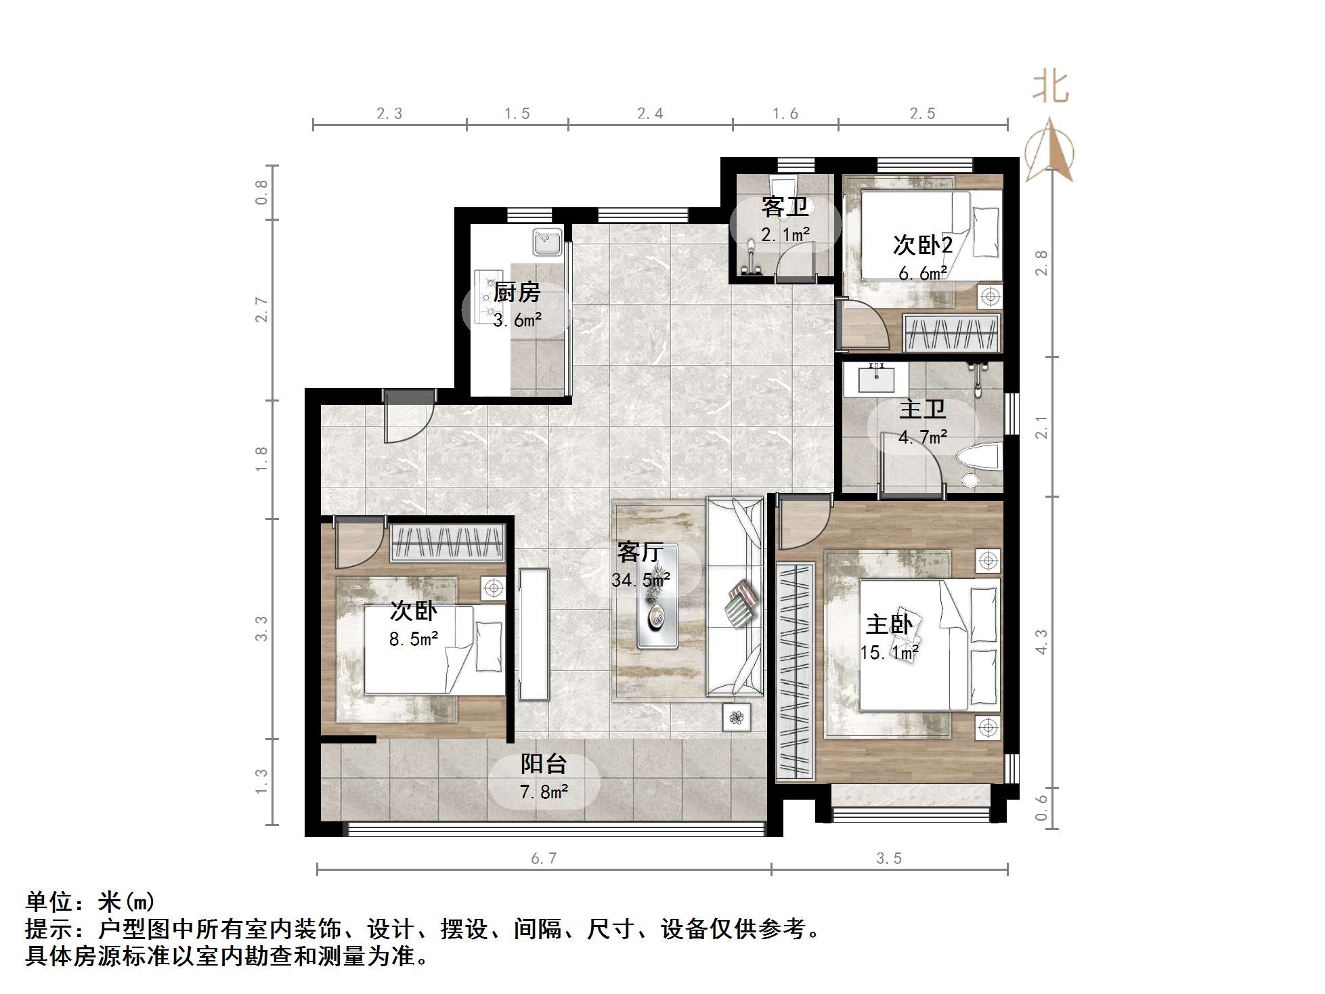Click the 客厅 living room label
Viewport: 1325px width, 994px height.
click(639, 553)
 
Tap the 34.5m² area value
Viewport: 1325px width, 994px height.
click(640, 580)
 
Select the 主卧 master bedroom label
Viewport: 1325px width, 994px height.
click(889, 624)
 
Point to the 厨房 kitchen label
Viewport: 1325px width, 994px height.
click(517, 293)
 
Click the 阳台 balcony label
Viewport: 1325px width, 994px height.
click(543, 764)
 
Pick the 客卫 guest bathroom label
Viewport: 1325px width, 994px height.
click(785, 207)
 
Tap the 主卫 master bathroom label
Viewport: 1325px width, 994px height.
click(922, 410)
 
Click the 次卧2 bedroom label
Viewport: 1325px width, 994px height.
click(922, 245)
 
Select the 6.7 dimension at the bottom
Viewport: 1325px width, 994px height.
click(544, 859)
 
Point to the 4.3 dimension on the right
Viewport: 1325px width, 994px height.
click(1042, 641)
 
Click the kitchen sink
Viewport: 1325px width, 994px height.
click(547, 242)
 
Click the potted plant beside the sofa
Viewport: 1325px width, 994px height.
click(736, 716)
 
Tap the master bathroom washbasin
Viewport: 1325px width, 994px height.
click(876, 378)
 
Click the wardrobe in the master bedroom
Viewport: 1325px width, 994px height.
click(795, 670)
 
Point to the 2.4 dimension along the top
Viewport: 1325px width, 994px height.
click(650, 114)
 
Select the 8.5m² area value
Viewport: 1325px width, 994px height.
click(414, 639)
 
